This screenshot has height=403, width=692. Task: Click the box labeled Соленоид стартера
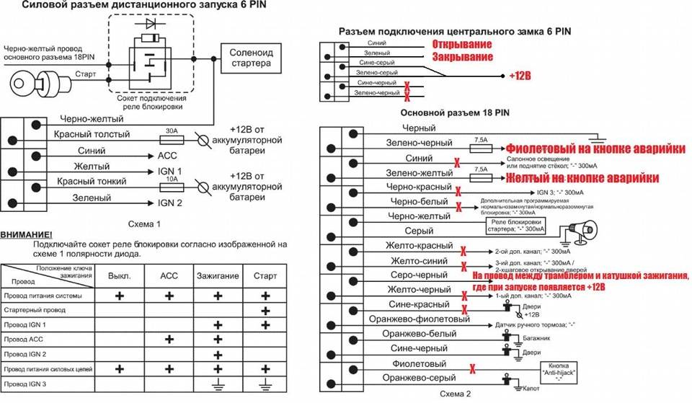(x=250, y=58)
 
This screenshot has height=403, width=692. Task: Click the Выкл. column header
(x=119, y=276)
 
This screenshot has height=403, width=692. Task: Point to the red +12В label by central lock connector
(x=519, y=75)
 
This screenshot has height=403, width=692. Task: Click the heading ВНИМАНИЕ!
(x=27, y=235)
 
